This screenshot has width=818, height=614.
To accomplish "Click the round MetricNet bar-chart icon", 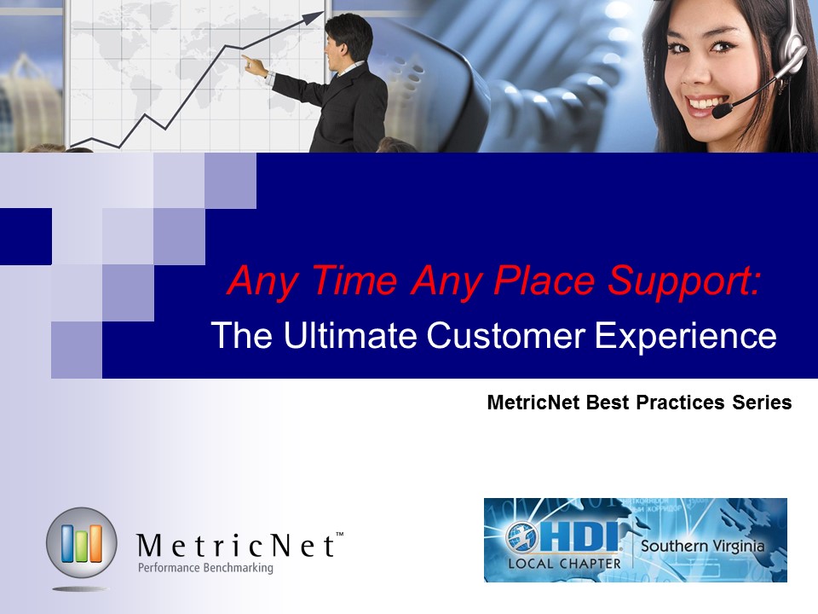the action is click(x=82, y=542).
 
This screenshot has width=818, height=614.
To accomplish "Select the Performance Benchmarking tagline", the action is click(x=205, y=568).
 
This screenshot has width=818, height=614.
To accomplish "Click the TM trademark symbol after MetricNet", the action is click(x=339, y=534).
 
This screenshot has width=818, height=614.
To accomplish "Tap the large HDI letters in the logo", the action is click(x=579, y=536).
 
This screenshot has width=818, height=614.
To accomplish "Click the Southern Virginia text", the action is click(x=702, y=546).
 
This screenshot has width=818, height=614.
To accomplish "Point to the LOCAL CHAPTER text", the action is click(x=564, y=564).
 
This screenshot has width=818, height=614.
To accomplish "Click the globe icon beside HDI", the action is click(x=521, y=536).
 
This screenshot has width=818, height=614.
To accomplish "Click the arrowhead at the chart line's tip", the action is click(x=314, y=17).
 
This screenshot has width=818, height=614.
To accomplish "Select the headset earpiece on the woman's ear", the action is click(x=791, y=55).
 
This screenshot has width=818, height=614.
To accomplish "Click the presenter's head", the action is click(x=348, y=41).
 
